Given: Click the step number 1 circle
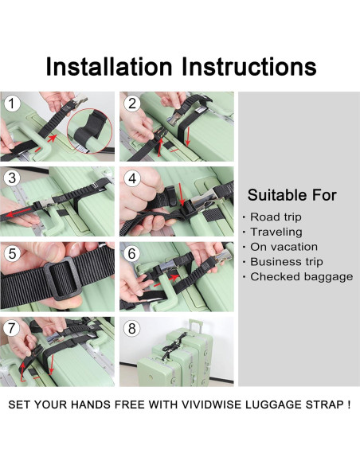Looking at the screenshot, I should (11, 104).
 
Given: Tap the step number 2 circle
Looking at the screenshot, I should (132, 104).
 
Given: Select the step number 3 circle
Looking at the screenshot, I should (11, 178).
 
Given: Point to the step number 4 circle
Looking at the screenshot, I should (132, 178).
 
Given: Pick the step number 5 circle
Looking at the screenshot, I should (11, 254).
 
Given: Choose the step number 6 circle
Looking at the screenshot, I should (132, 254).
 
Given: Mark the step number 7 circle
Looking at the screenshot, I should (11, 328).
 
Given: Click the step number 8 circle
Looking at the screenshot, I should (132, 328).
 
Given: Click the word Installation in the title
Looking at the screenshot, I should (112, 65).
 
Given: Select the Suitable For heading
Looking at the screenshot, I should (292, 195).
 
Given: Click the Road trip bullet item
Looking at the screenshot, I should (276, 217).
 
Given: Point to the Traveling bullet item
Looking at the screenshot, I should (276, 232).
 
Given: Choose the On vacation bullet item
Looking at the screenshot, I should (284, 247).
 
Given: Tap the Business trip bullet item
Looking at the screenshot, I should (287, 261).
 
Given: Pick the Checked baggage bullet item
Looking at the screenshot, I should (301, 276).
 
